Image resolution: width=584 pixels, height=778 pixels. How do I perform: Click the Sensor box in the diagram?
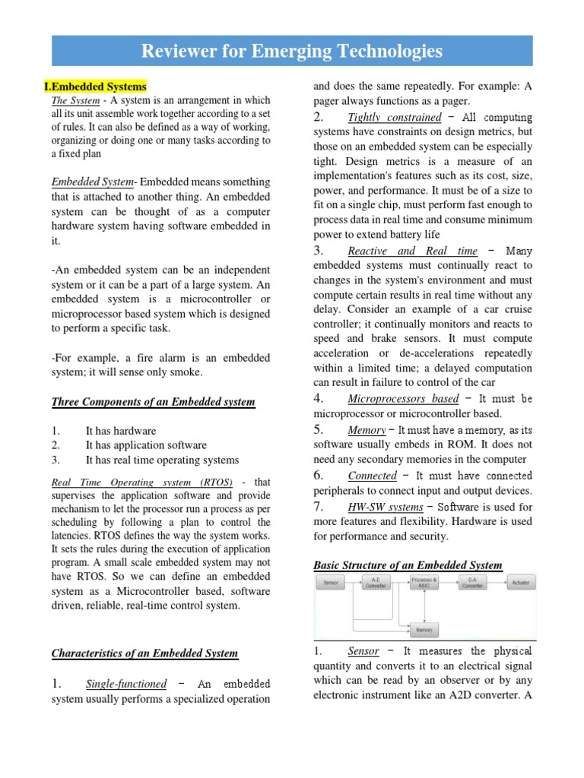331,583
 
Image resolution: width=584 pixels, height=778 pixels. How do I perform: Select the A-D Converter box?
374,583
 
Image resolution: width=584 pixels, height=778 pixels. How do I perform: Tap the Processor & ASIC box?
424,583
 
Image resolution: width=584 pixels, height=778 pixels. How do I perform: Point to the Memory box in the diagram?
424,630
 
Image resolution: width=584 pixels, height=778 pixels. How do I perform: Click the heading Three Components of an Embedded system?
153,402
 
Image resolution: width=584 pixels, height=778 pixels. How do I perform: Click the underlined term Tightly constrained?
394,117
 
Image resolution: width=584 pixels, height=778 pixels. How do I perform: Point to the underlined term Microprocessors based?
403,399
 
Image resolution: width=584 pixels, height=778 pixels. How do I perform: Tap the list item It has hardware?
121,431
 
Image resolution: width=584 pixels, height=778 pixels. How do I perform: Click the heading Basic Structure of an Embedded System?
408,565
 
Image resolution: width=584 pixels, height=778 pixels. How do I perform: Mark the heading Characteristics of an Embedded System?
144,653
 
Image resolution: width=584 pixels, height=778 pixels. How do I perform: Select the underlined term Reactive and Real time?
412,251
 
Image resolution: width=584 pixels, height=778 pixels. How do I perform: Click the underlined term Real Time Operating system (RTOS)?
141,482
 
